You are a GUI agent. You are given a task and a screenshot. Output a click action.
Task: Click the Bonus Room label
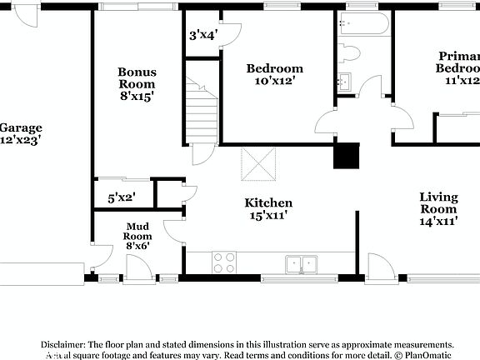[137, 77]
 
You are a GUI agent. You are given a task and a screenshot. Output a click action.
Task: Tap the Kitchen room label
[267, 202]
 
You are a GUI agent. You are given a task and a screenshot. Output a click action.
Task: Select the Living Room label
[438, 202]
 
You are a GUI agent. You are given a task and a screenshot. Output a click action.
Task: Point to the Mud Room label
[137, 231]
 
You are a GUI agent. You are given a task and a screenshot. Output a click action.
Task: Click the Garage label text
[20, 127]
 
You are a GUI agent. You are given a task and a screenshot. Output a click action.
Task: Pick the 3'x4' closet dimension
[203, 35]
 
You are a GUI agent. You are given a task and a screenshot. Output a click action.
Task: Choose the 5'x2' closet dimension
[122, 198]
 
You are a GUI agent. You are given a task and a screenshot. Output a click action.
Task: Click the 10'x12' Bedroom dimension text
[274, 81]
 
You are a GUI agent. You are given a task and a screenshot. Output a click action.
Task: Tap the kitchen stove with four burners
[224, 262]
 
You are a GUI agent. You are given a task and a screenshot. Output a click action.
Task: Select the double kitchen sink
[301, 264]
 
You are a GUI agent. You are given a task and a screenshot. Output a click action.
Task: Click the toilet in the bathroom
[349, 52]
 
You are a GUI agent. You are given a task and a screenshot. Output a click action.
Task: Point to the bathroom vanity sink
[345, 82]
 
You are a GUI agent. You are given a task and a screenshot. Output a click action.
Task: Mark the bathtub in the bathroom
[363, 25]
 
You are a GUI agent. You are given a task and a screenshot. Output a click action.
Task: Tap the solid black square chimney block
[346, 157]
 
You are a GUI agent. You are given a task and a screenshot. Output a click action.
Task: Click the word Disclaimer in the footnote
[63, 344]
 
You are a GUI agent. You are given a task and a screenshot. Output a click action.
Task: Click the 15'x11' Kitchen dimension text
[268, 217]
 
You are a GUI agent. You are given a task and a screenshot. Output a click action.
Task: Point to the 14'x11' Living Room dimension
[438, 222]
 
